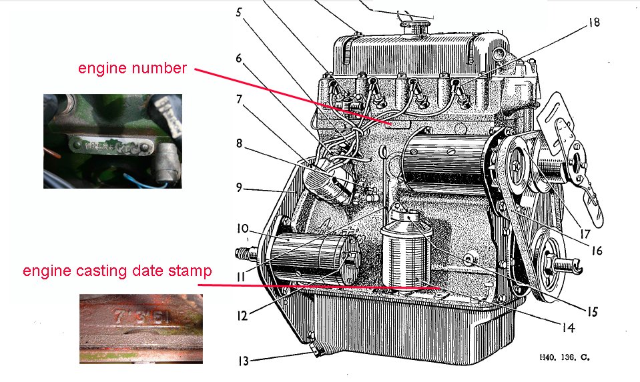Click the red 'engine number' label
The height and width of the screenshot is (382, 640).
(x=132, y=68)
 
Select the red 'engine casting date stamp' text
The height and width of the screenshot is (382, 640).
(x=117, y=271)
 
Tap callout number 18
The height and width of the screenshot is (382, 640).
(x=594, y=22)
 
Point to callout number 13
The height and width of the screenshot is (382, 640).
(x=243, y=361)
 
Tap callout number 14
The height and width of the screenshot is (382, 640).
(x=568, y=327)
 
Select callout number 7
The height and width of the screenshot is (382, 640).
(x=239, y=100)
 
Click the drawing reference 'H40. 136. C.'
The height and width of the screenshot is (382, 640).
(x=565, y=357)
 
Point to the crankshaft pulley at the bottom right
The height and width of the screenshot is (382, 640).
(x=553, y=257)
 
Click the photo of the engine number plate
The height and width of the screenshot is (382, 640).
(x=113, y=141)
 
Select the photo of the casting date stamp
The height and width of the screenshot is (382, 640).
(x=141, y=327)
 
